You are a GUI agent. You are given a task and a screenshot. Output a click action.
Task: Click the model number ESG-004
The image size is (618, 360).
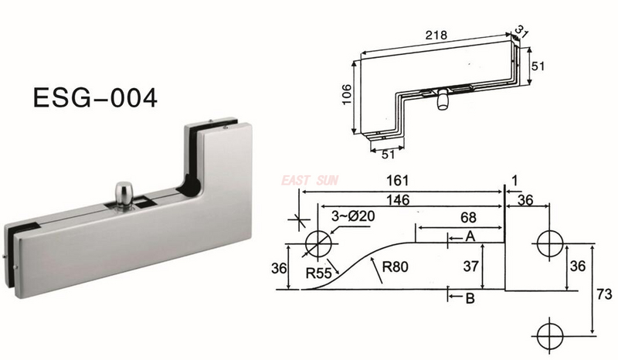click(95, 98)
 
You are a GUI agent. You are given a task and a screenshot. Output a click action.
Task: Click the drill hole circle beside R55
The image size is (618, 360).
click(317, 242)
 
